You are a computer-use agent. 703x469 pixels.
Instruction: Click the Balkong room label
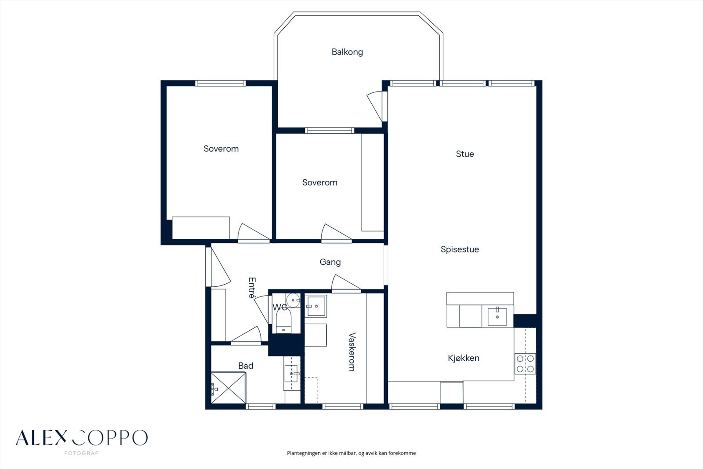pyautogui.click(x=347, y=52)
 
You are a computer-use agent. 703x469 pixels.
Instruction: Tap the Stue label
pyautogui.click(x=465, y=154)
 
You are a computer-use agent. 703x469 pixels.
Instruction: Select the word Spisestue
pyautogui.click(x=460, y=249)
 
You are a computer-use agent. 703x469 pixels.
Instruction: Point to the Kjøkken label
pyautogui.click(x=464, y=358)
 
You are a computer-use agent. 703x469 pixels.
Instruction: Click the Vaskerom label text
pyautogui.click(x=352, y=352)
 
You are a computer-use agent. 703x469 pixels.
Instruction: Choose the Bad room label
pyautogui.click(x=246, y=366)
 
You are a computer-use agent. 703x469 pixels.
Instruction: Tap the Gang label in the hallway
pyautogui.click(x=330, y=262)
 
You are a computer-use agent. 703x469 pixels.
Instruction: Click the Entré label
pyautogui.click(x=252, y=288)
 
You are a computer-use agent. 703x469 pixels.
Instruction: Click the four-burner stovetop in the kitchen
pyautogui.click(x=525, y=364)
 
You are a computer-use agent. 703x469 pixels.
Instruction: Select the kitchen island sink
pyautogui.click(x=497, y=316)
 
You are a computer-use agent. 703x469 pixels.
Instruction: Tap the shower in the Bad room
pyautogui.click(x=228, y=388)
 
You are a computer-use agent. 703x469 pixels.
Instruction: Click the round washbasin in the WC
pyautogui.click(x=293, y=300)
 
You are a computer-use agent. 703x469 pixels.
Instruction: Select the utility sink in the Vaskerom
pyautogui.click(x=316, y=306)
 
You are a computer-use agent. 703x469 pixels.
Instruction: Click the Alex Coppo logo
pyautogui.click(x=82, y=438)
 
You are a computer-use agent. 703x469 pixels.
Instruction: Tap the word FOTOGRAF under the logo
pyautogui.click(x=81, y=453)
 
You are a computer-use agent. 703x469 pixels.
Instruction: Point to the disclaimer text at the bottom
pyautogui.click(x=351, y=453)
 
